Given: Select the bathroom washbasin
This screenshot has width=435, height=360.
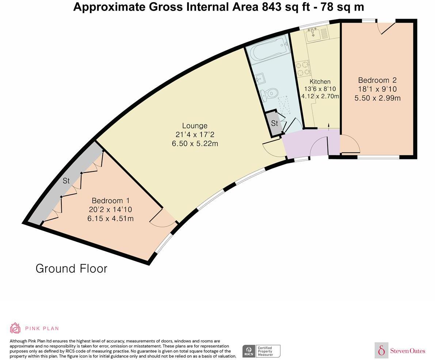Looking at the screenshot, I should [260, 78].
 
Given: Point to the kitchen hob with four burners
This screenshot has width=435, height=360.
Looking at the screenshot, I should [303, 69].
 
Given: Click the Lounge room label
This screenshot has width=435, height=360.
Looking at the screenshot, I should [195, 126].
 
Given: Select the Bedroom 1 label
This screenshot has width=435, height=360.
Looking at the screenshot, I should [110, 201].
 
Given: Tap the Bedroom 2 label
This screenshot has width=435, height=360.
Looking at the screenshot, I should [377, 80].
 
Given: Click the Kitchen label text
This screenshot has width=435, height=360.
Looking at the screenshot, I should [320, 82].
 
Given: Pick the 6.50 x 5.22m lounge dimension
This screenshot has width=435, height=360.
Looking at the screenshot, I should [195, 144].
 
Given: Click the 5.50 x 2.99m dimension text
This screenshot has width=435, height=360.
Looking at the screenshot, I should [377, 98].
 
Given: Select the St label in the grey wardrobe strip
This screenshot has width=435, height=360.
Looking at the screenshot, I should [66, 181].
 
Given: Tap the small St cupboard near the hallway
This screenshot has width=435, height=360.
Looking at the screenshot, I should [274, 123].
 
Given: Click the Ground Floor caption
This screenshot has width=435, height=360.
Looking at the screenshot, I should [71, 269].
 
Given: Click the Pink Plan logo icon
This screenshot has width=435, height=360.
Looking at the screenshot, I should [15, 328].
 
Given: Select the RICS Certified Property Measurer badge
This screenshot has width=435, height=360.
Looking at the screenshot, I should [261, 351].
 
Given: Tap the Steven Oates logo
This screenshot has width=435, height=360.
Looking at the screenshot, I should [400, 350].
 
